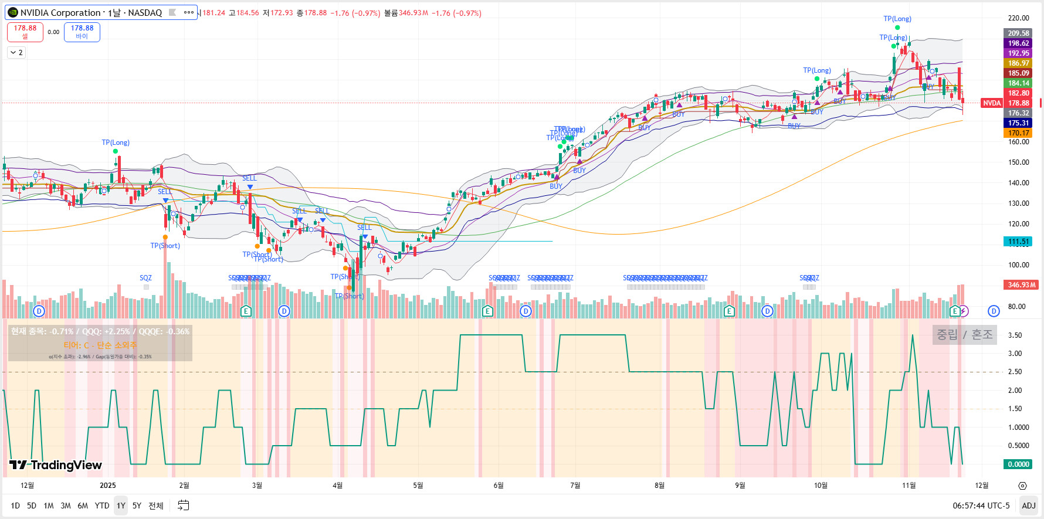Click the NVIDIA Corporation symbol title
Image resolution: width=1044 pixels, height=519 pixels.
[x=91, y=12]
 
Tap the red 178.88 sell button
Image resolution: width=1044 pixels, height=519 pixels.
[x=25, y=32]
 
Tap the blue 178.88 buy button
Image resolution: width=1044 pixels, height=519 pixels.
[x=82, y=32]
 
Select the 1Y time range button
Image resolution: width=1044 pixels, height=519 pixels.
[x=121, y=506]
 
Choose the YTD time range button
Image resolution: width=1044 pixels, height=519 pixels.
[x=102, y=506]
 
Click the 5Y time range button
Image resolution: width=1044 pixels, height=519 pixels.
[x=137, y=506]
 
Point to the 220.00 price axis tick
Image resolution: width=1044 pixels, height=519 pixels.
[x=1018, y=18]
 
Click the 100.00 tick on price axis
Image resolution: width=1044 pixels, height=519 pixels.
[x=1018, y=265]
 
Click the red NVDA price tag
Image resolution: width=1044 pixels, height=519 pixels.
[x=991, y=103]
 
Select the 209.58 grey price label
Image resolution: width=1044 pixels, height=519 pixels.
[x=1018, y=33]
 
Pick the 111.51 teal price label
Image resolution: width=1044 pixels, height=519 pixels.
[x=1018, y=242]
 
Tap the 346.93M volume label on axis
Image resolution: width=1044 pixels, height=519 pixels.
[x=1021, y=285]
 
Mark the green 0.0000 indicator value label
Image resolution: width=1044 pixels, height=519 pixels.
[x=1018, y=464]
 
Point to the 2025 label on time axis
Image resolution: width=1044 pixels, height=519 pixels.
[x=108, y=486]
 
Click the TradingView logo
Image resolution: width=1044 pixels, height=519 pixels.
[x=56, y=465]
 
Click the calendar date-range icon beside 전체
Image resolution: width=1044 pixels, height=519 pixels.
[x=184, y=506]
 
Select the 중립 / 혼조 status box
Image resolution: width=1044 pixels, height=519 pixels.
[x=964, y=335]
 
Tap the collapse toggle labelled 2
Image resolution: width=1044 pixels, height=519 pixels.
[x=16, y=53]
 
